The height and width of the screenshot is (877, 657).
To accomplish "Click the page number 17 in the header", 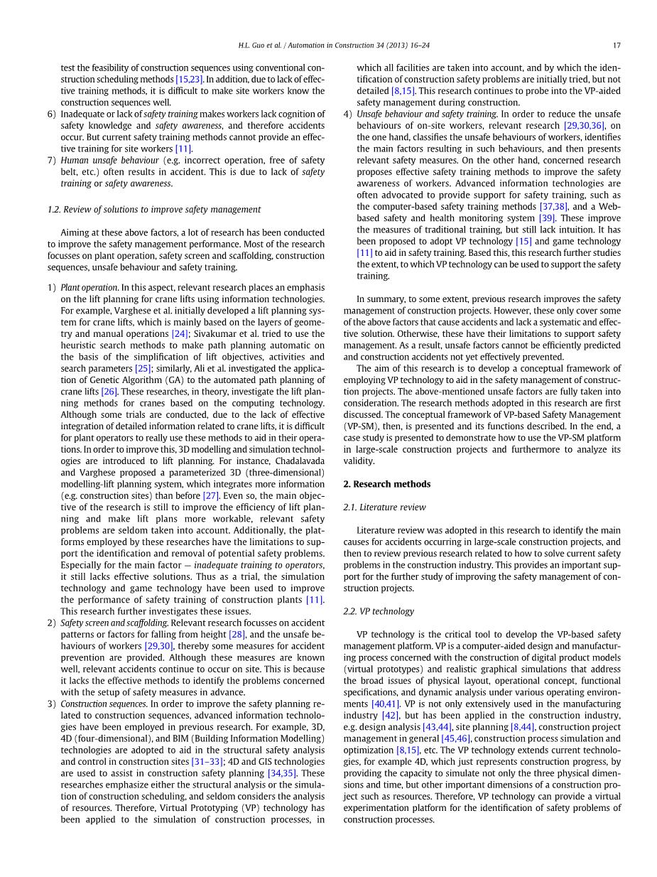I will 617,45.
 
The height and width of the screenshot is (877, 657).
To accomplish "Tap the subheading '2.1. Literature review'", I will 384,507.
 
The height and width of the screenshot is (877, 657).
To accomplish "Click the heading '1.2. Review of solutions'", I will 153,210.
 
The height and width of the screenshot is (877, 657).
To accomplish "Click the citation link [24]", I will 180,334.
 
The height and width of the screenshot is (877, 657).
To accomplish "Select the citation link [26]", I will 109,392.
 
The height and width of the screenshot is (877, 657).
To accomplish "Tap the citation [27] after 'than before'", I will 210,496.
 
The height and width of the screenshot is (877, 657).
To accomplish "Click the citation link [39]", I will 546,218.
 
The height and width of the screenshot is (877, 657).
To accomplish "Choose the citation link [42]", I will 390,716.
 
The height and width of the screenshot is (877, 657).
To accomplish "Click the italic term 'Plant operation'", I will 89,288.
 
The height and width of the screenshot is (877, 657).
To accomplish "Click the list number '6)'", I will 51,114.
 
